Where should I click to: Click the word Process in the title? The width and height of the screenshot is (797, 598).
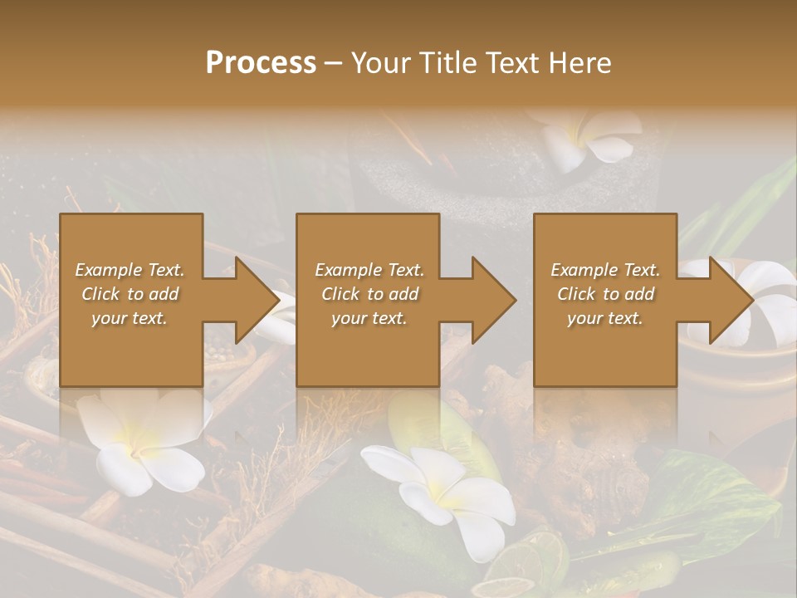click(x=261, y=63)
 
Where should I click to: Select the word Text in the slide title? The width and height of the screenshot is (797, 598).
click(x=510, y=63)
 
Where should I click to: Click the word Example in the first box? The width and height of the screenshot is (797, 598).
click(x=109, y=270)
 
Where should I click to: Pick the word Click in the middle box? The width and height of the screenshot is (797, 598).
click(x=340, y=294)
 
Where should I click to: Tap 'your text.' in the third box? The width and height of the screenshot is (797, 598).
click(x=604, y=318)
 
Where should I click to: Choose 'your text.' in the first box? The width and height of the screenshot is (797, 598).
click(x=130, y=318)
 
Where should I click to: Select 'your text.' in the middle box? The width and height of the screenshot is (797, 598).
click(x=369, y=318)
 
